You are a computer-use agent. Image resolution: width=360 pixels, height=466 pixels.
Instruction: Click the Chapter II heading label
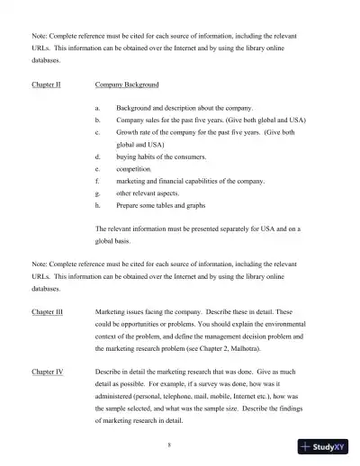(46, 85)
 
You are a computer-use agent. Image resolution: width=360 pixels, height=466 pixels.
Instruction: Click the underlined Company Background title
(127, 85)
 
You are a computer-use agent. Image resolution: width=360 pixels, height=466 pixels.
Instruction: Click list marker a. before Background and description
(97, 107)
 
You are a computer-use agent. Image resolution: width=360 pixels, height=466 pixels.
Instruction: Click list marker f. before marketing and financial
(97, 181)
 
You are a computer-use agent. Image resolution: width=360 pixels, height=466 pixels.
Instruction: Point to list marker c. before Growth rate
(97, 131)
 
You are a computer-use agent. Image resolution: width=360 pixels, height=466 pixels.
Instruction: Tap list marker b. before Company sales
(97, 120)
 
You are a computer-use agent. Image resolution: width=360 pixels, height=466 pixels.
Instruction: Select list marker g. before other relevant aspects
(97, 193)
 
